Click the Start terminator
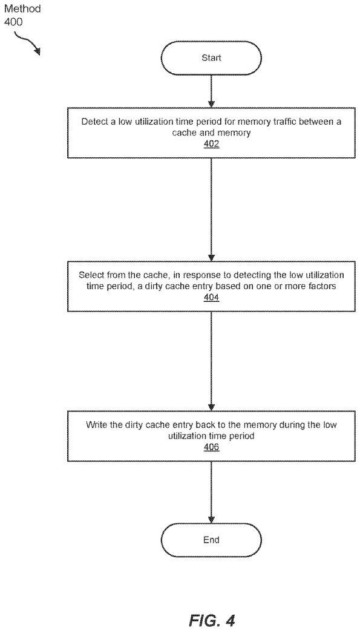(211, 58)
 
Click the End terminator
(211, 540)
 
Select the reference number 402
(211, 144)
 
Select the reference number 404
(211, 298)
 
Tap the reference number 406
(211, 447)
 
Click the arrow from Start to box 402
(211, 91)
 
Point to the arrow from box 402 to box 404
(211, 210)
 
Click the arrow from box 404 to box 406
(211, 361)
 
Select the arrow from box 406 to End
(211, 492)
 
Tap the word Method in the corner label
(22, 9)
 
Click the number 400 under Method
(13, 21)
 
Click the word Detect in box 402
(92, 122)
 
